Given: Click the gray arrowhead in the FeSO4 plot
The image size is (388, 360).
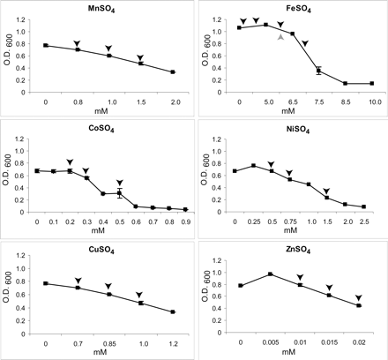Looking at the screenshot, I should pyautogui.click(x=280, y=37).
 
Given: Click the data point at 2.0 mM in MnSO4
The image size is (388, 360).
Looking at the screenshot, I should pyautogui.click(x=173, y=72).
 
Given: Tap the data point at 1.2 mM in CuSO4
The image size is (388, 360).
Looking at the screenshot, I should pyautogui.click(x=173, y=311).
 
